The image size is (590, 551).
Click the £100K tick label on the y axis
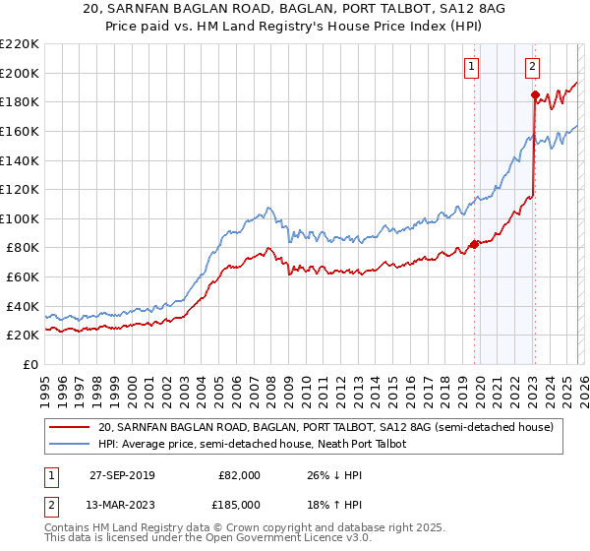coord(20,218)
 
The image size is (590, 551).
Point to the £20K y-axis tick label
coord(23,336)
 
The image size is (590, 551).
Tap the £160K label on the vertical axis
coord(20,131)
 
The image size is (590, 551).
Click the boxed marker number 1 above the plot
coord(472,67)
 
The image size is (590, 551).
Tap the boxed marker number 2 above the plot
coord(532,67)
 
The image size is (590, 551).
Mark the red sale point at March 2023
coord(535,95)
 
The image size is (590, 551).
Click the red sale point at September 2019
coord(474,245)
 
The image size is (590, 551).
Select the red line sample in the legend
coord(70,428)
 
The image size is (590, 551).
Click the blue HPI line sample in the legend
coord(70,444)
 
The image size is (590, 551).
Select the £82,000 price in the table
coord(238,474)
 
